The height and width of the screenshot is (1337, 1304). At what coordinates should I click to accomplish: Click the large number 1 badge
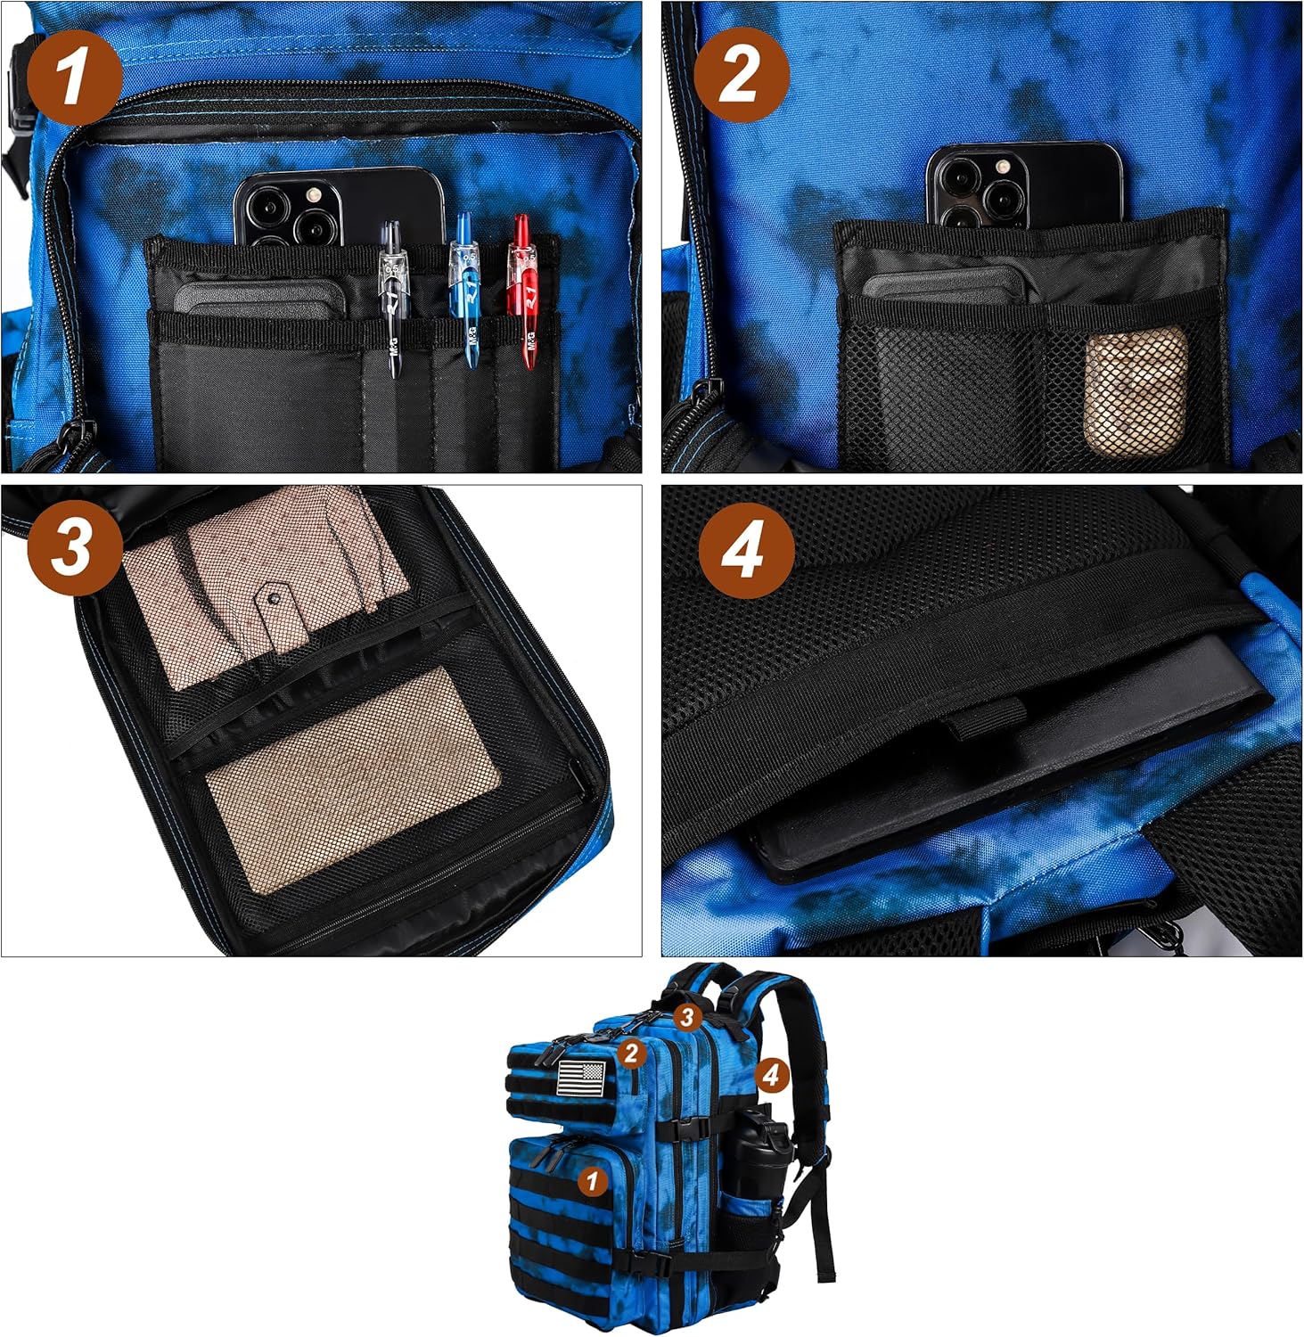coord(74,77)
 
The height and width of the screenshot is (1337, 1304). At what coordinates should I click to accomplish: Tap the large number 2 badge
coord(742,75)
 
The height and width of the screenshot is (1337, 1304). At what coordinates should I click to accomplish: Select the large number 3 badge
coord(75,548)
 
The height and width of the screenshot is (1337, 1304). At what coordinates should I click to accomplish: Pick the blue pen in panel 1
coord(463,290)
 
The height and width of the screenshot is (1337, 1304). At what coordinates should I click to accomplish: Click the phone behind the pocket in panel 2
coord(1023,185)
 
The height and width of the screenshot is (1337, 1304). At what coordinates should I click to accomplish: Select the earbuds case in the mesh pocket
coord(1136,390)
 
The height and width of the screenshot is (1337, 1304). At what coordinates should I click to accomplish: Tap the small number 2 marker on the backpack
coord(631,1053)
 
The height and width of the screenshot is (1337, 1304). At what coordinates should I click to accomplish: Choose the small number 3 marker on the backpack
coord(685,1017)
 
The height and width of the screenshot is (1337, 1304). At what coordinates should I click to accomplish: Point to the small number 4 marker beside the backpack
coord(771,1075)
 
